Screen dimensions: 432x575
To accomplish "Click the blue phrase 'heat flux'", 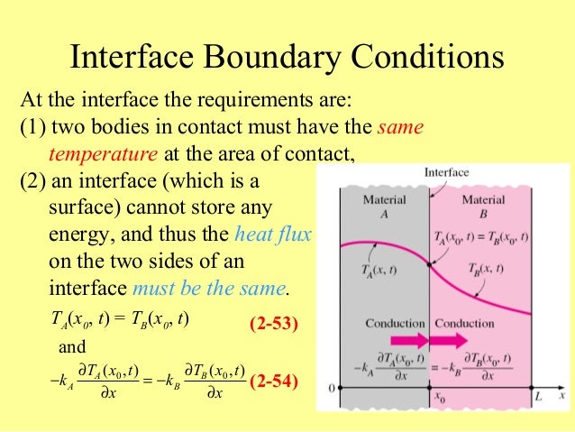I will coord(273,236).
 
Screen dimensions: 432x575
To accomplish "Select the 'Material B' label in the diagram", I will coord(483,205).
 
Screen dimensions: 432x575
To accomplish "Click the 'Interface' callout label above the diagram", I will coord(446,172).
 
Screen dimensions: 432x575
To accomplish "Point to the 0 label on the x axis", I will coord(332,389).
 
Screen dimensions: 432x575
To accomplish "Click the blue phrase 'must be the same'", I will coord(209,290).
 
